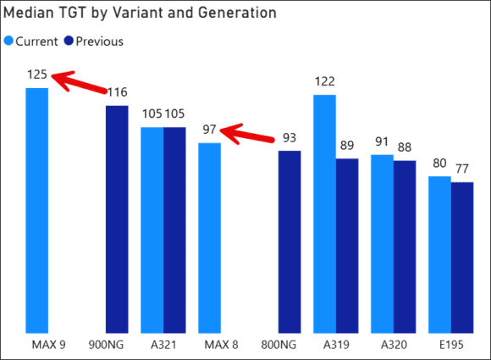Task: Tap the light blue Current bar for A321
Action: tap(152, 230)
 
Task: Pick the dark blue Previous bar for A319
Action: tap(347, 246)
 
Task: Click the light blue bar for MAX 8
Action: tap(209, 237)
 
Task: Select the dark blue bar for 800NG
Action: tap(290, 241)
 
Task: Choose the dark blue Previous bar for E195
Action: tap(462, 258)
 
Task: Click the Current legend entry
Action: tap(30, 42)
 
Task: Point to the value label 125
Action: tap(36, 75)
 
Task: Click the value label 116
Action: tap(117, 92)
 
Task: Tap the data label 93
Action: tap(290, 138)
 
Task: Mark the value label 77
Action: tap(463, 169)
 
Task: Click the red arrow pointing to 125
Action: tap(76, 82)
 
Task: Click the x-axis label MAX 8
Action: tap(209, 345)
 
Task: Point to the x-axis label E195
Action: tap(451, 345)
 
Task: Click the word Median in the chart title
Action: tap(28, 14)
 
